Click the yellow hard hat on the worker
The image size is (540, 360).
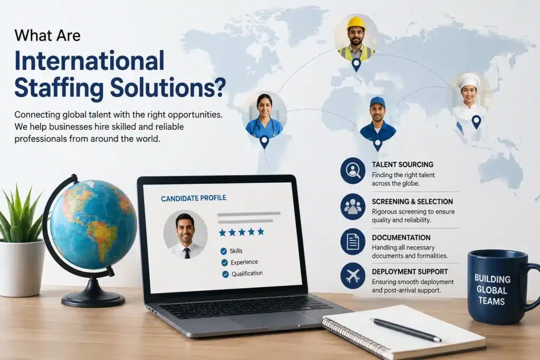[356, 23]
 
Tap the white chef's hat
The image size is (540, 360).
[468, 80]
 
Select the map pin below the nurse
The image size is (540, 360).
[264, 141]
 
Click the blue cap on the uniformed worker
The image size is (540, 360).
[378, 102]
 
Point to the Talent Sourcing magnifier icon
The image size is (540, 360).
[353, 170]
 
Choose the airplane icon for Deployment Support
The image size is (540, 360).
[353, 276]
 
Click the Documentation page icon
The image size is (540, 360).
[353, 241]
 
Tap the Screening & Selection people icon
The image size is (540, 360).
[353, 207]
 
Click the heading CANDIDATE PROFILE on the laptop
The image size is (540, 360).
[194, 198]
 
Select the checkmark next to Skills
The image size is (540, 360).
[224, 251]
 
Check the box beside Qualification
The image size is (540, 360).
[225, 274]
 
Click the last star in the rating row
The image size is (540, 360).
[261, 231]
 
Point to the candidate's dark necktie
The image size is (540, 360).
[187, 253]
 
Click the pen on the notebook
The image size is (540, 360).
[406, 330]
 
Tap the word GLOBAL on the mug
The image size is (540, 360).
[491, 290]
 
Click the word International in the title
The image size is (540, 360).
[90, 61]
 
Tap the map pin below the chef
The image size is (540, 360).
[476, 122]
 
